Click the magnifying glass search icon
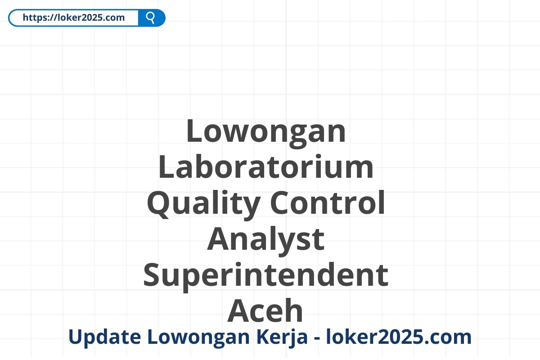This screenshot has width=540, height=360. click(x=151, y=18)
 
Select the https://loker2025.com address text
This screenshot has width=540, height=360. click(x=73, y=18)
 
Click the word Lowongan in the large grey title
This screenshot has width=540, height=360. click(x=266, y=131)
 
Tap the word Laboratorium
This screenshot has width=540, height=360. click(x=266, y=167)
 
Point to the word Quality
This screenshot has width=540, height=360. click(x=203, y=203)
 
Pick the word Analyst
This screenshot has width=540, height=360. click(x=266, y=239)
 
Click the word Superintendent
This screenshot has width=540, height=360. click(x=266, y=275)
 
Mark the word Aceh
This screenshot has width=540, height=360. click(x=266, y=311)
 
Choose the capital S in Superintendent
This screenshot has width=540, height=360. click(x=153, y=275)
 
